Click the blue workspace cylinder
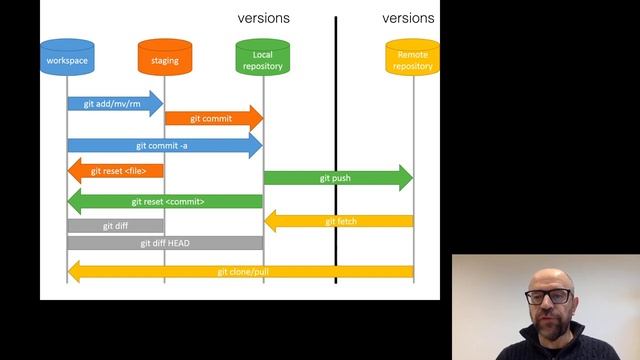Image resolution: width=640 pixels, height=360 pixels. pos(67,59)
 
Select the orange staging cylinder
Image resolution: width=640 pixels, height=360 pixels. pos(165,59)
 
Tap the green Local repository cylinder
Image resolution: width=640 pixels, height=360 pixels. pos(263,59)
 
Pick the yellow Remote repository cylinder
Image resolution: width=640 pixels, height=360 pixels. pos(413,59)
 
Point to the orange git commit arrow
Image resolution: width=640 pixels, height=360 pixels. pos(213,118)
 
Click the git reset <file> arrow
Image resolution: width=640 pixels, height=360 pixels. pos(115,171)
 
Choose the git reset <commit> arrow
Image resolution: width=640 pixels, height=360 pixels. pos(165,201)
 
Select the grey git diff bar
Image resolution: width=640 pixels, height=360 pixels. pos(115,226)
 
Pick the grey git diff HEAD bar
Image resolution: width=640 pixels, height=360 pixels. pos(165,242)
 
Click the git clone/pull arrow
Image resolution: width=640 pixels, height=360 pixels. pos(240,271)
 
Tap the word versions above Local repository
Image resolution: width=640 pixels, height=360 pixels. pos(263,18)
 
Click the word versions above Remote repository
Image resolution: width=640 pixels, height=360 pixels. pos(408,18)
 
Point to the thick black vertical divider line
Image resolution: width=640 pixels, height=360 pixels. pos(336,150)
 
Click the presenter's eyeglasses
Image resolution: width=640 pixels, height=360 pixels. pos(549,297)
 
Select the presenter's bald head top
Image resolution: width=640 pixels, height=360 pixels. pos(549,274)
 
